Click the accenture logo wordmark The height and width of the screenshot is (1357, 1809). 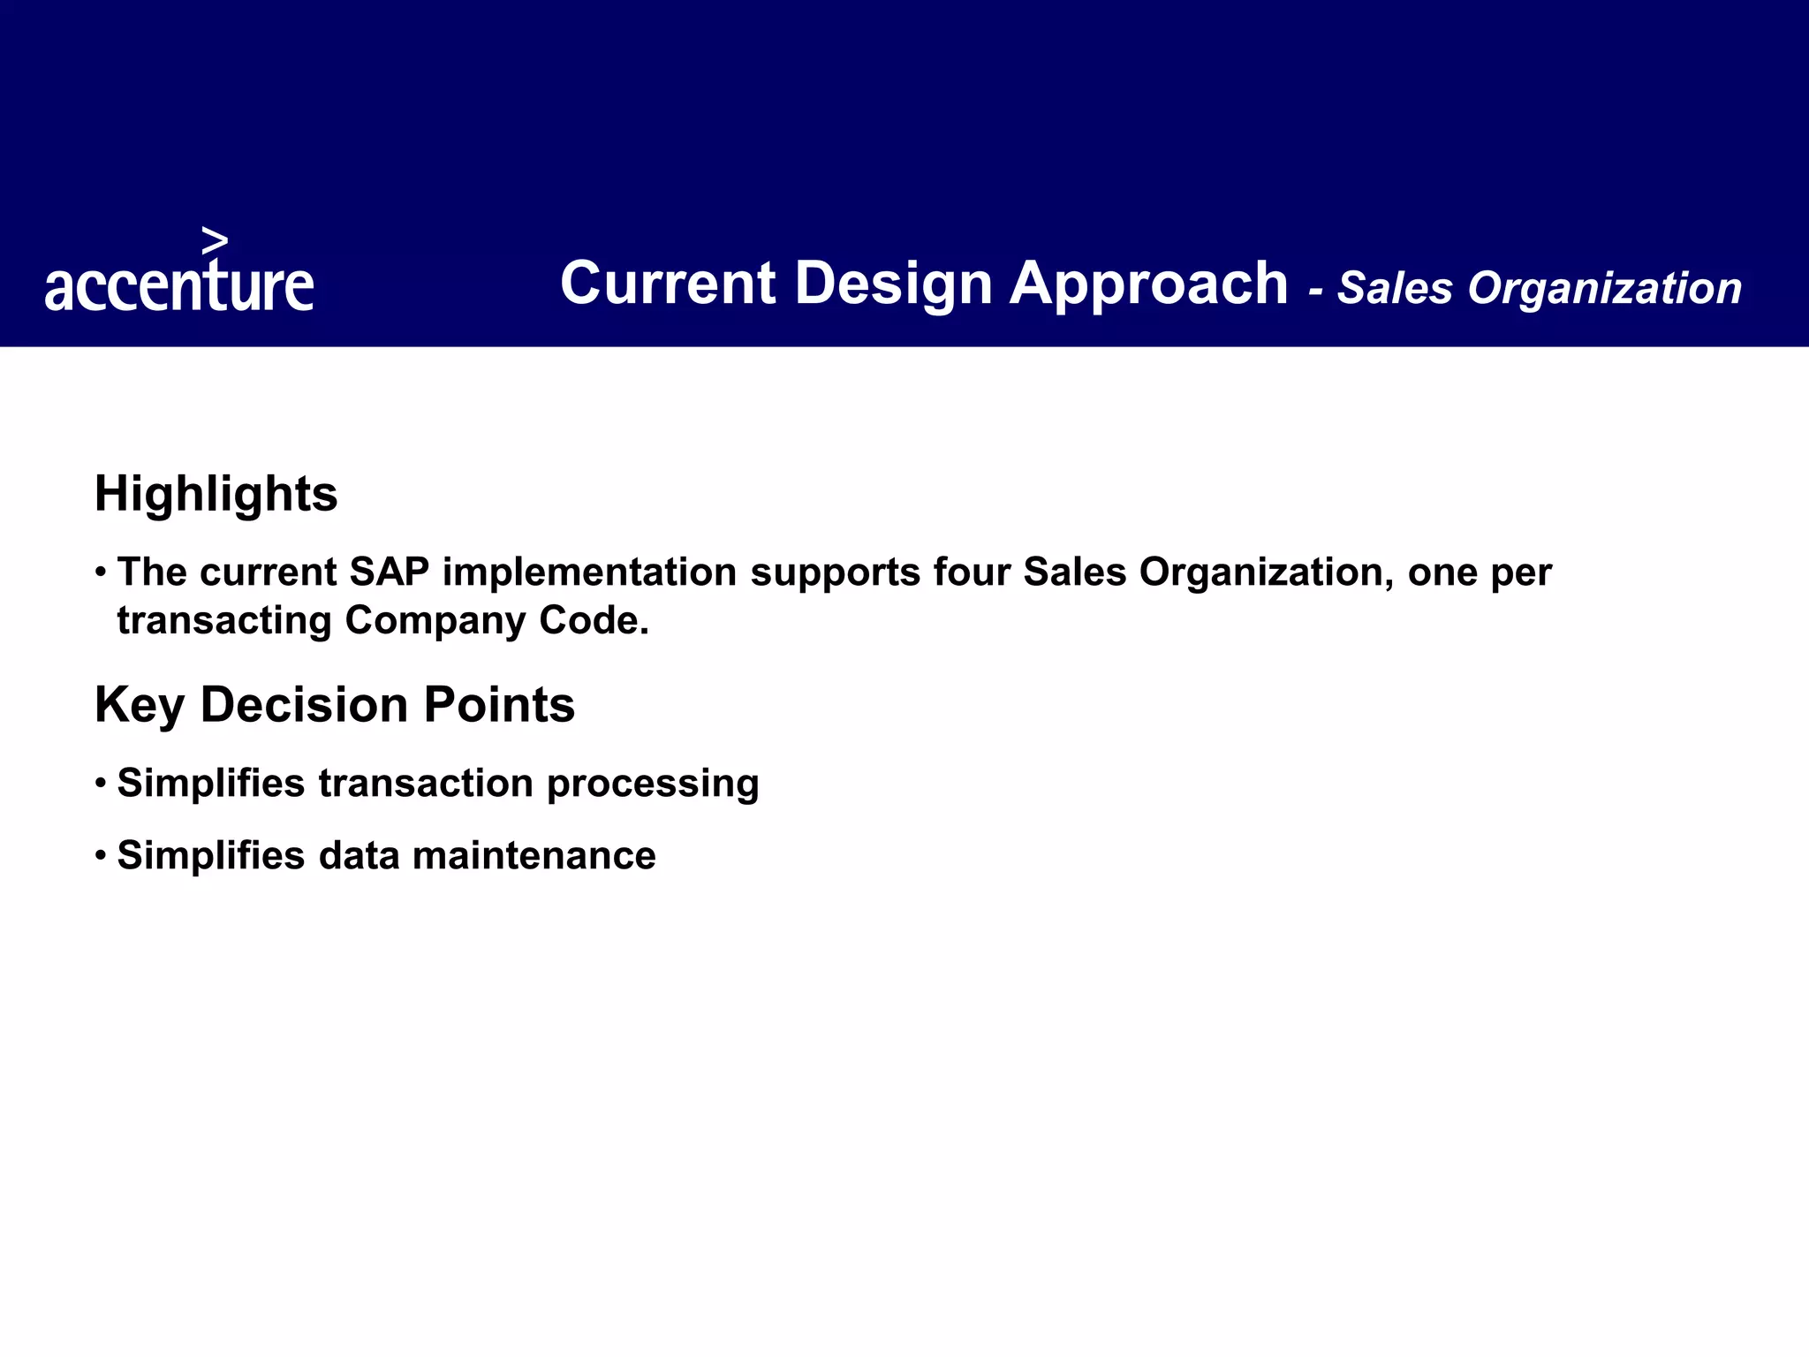179,285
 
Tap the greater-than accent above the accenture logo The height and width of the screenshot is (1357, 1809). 215,240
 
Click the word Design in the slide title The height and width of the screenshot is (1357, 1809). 893,284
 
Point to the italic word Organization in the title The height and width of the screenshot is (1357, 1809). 1604,289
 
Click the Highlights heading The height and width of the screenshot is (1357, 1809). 216,494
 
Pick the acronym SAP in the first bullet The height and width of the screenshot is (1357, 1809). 389,572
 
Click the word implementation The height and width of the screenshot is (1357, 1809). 589,572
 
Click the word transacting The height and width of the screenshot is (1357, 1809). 224,620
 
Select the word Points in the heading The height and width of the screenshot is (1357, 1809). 499,706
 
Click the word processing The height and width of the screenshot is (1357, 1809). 653,785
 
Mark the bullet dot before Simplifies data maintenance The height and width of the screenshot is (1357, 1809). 102,855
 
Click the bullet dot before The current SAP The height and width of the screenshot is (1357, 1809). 102,572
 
